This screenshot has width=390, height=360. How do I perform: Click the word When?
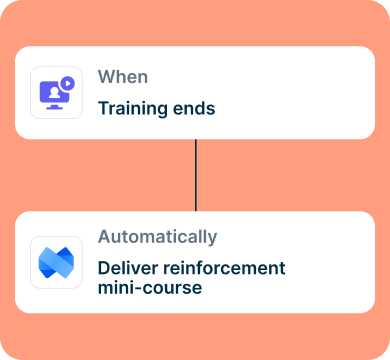[x=123, y=77]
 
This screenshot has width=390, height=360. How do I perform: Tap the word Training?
[x=133, y=109]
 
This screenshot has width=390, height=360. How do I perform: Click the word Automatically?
[x=157, y=237]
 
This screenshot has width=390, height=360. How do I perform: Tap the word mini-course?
[x=150, y=288]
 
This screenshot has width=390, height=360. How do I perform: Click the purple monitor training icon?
[x=57, y=93]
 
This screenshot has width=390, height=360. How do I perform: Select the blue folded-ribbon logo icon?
[x=56, y=262]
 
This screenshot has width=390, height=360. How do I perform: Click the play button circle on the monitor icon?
[x=68, y=83]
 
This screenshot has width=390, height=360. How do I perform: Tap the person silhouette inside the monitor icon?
[x=54, y=93]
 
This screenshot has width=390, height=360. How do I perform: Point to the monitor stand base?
[x=54, y=108]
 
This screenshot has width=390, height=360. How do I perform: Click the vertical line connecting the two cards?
[x=196, y=175]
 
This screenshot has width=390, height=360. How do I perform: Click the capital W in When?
[x=106, y=77]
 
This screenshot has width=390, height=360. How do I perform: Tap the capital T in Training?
[x=104, y=108]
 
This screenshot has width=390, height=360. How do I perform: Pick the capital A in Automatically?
[x=105, y=236]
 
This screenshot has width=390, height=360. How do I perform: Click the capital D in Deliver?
[x=104, y=268]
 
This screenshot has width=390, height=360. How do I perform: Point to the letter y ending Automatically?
[x=213, y=240]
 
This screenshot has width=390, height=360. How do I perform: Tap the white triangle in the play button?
[x=68, y=83]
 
